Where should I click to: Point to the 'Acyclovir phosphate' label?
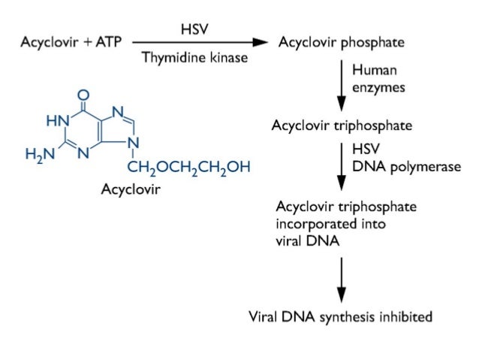(341, 42)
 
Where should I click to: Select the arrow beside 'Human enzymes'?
(341, 83)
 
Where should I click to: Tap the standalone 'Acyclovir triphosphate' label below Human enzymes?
(341, 125)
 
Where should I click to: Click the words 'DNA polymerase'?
(405, 166)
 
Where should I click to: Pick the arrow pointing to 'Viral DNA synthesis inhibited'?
(341, 279)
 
